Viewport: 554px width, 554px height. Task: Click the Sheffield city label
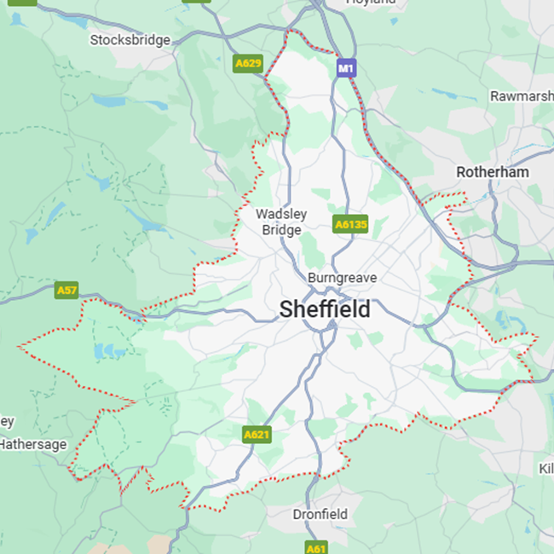(x=325, y=309)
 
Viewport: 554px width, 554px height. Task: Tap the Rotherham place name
(x=492, y=171)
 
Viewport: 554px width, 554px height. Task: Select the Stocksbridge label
(x=130, y=39)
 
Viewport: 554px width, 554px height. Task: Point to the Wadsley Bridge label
(x=281, y=222)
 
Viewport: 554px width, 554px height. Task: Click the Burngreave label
(x=342, y=278)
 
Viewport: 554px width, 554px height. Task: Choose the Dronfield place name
(x=320, y=514)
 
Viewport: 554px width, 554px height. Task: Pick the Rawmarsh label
(x=522, y=95)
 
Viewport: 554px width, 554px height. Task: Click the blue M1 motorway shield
(x=345, y=67)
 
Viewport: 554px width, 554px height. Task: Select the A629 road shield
(x=247, y=63)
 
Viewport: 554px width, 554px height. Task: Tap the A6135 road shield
(x=350, y=225)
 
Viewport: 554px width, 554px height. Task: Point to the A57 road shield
(x=66, y=291)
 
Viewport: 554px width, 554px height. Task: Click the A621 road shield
(x=257, y=435)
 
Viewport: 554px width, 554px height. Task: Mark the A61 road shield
(x=316, y=548)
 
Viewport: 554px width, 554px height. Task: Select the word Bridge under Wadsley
(x=281, y=230)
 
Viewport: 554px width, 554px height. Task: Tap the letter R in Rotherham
(x=461, y=171)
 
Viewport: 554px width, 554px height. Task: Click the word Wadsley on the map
(x=281, y=214)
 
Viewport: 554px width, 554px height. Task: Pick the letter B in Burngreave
(x=312, y=278)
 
